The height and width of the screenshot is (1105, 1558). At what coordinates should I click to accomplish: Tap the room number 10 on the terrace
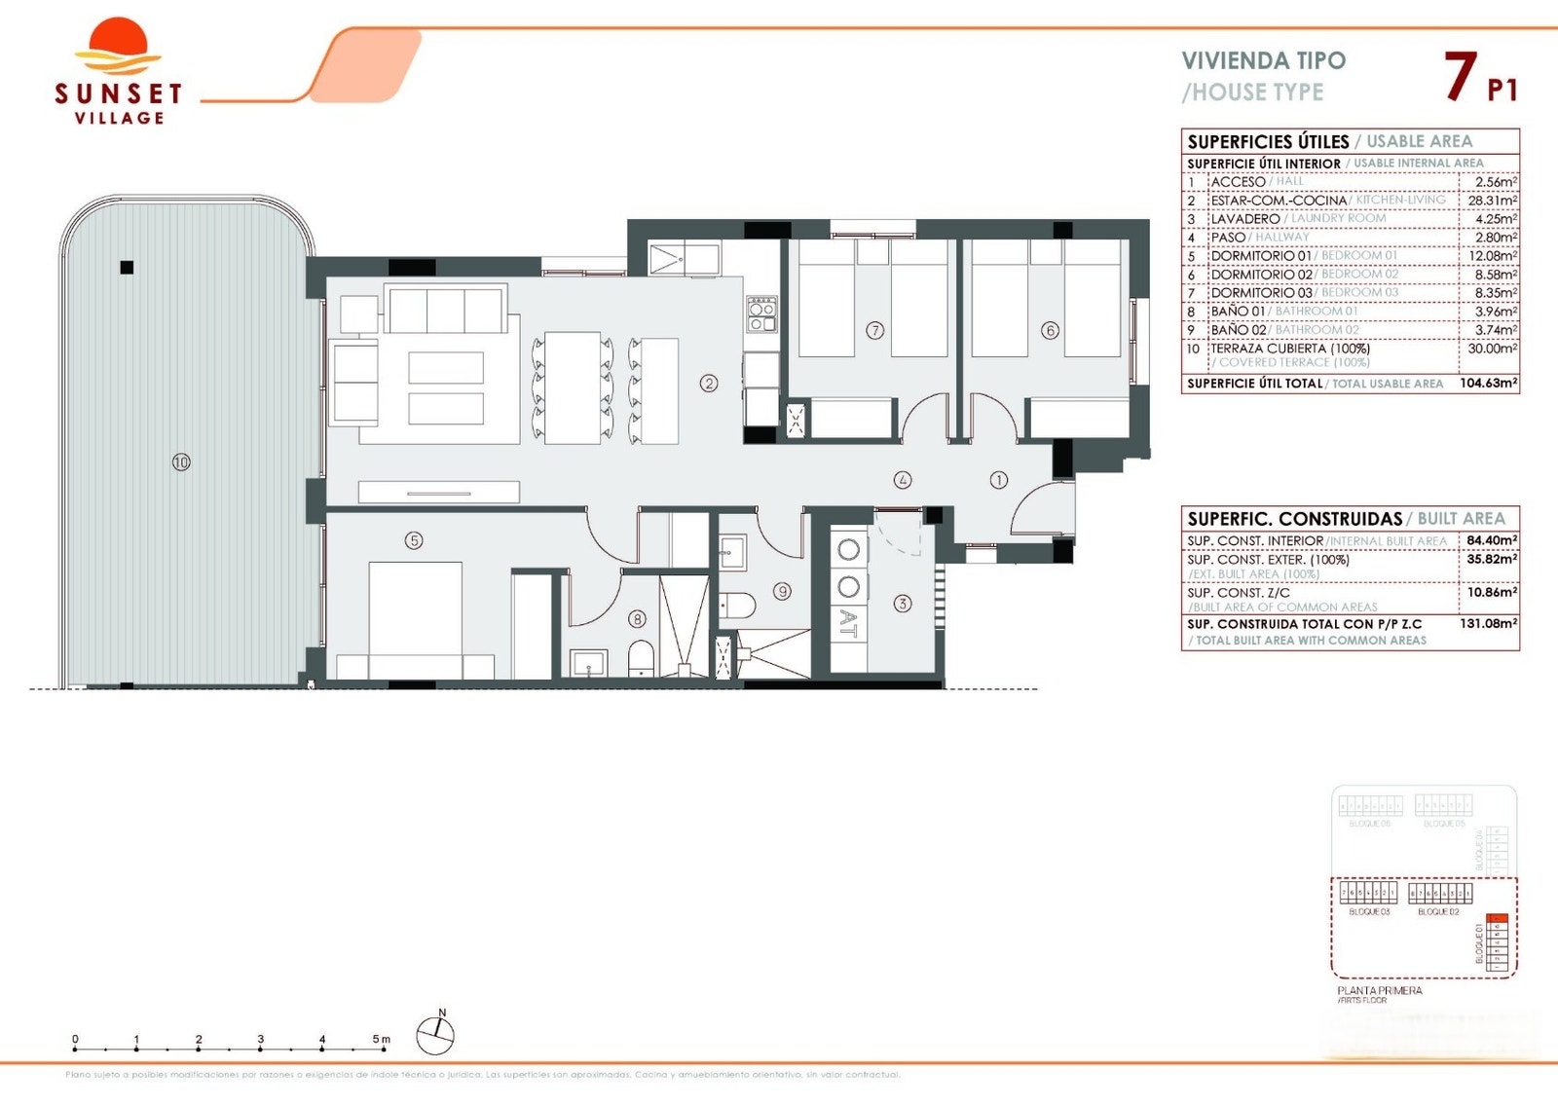(181, 461)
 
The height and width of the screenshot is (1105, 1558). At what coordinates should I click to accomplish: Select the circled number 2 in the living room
(709, 383)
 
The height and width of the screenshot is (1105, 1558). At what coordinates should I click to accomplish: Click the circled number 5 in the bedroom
(414, 539)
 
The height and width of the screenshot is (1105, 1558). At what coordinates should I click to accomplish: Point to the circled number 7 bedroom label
(874, 330)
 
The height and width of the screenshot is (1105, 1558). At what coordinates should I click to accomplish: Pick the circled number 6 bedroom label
(1050, 330)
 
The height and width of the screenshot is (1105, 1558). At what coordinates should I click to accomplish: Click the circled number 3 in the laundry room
(903, 604)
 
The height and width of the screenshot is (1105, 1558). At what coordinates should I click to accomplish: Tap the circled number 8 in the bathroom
(637, 618)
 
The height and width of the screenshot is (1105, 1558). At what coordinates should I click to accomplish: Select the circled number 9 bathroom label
(782, 590)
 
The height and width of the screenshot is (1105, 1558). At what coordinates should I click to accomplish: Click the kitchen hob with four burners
(761, 313)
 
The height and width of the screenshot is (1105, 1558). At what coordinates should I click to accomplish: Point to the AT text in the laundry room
(848, 624)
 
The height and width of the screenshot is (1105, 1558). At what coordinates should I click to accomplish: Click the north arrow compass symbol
(435, 1034)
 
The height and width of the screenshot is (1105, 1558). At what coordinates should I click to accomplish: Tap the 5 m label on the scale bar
(381, 1039)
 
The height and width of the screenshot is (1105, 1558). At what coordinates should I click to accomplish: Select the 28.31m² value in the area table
(1492, 200)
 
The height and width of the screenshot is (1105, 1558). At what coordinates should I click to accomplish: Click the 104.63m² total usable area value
(1488, 383)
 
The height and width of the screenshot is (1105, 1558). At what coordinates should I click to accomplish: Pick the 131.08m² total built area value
(1488, 623)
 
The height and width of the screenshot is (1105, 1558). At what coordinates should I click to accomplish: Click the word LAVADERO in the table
(1245, 218)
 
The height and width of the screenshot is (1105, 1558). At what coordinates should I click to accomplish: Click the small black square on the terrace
(127, 267)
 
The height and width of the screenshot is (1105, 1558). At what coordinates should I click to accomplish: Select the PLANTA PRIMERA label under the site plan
(1379, 990)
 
